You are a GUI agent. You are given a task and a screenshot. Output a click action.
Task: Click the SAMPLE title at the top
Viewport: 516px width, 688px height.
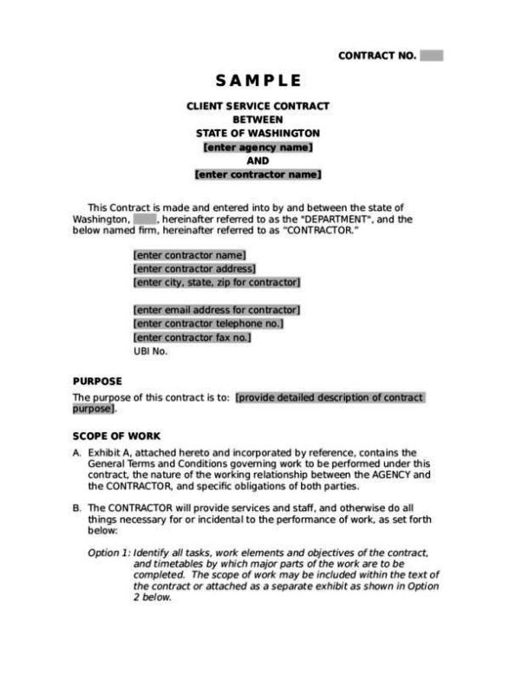coord(258,81)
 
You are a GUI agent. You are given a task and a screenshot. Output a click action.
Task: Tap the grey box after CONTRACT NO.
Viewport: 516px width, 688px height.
coord(431,56)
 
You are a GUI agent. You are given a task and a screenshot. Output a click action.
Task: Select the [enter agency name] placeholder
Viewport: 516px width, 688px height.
coord(258,147)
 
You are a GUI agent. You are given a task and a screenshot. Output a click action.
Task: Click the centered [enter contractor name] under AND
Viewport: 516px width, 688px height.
coord(258,174)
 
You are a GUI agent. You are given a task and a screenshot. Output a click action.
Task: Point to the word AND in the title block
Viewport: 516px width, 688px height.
coord(258,161)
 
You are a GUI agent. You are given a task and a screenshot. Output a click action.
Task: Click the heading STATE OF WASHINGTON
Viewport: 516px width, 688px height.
coord(258,134)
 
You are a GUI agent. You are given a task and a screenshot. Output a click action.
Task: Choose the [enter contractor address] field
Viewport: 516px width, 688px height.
coord(189,268)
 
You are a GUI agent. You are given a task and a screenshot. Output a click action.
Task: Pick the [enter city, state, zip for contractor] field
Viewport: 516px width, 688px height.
coord(216,282)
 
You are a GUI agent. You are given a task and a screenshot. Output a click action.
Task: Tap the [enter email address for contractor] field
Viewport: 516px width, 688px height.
coord(216,310)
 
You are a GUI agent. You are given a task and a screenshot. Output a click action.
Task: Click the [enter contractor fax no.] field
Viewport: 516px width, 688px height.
coord(192,337)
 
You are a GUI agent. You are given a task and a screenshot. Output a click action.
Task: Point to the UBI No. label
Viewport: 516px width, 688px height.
coord(150,351)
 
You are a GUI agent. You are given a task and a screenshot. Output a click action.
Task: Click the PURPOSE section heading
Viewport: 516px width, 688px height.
coord(97,381)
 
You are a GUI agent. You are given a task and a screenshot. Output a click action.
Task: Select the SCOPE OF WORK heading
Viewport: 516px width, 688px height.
coord(116,436)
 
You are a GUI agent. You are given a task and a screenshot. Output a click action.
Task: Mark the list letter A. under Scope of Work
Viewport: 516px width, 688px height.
coord(77,453)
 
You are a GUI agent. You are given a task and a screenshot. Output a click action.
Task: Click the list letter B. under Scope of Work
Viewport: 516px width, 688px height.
coord(77,507)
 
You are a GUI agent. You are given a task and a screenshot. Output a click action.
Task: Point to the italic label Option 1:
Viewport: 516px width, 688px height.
coord(108,553)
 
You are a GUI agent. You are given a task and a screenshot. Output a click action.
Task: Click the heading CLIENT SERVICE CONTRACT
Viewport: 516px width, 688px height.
coord(258,106)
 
